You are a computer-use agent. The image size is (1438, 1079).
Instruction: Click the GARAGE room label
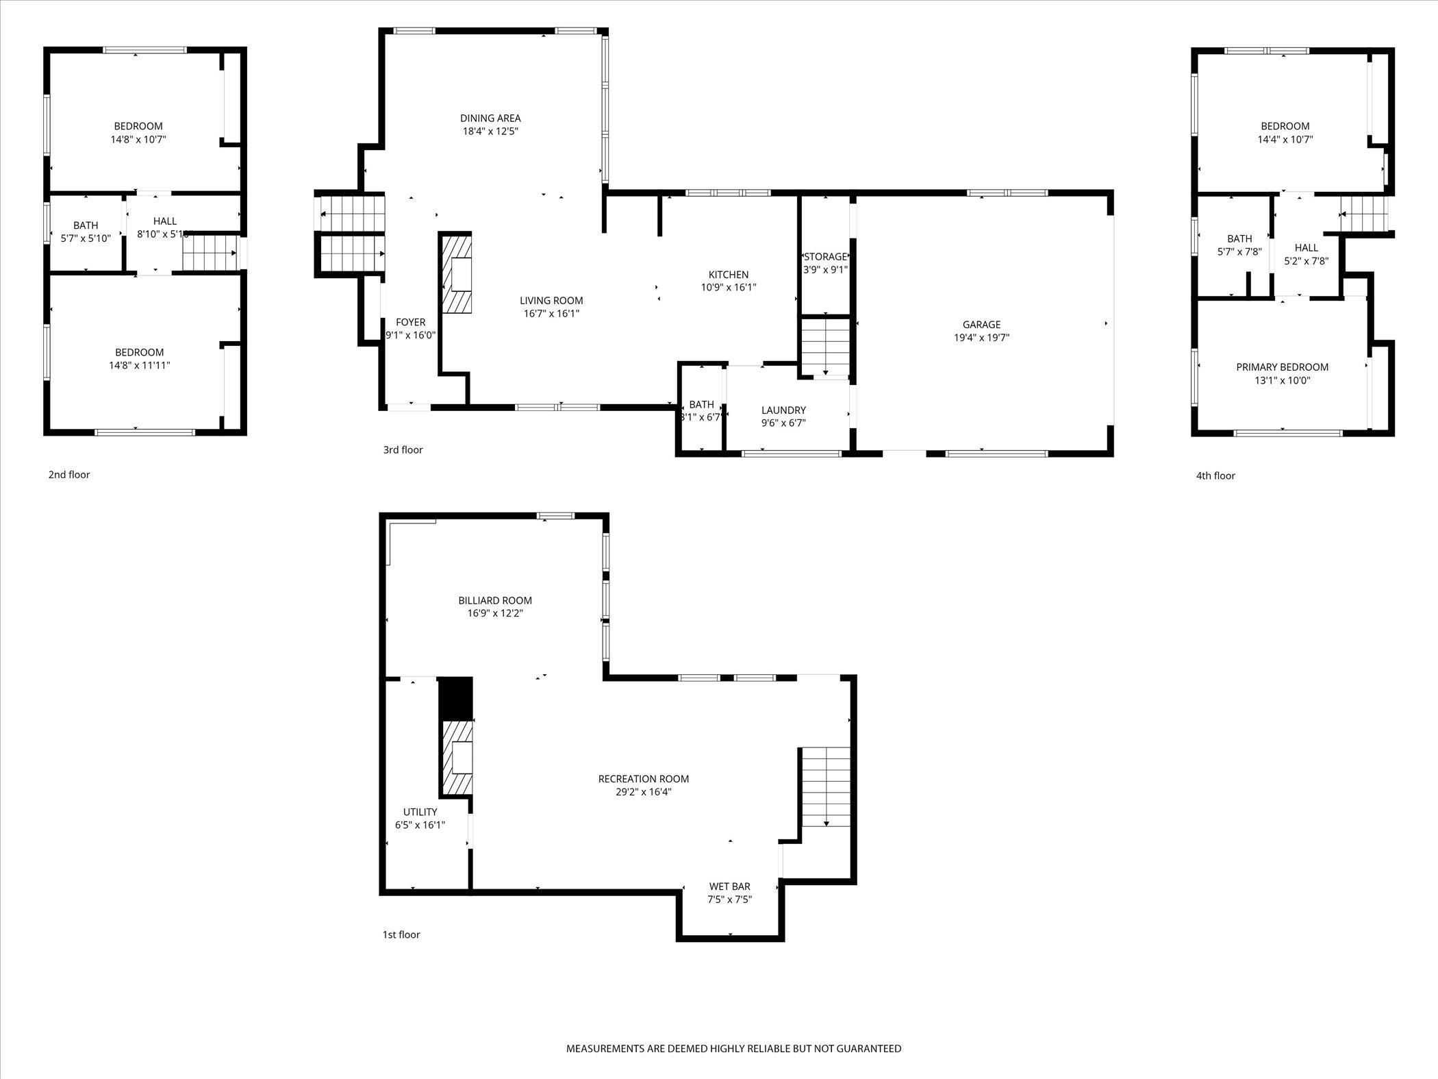click(981, 325)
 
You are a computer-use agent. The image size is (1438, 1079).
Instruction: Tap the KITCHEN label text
click(729, 275)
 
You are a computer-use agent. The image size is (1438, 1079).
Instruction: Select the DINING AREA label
click(490, 119)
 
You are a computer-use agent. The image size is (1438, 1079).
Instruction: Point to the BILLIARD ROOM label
click(495, 601)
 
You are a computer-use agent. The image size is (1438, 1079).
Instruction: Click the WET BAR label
click(730, 886)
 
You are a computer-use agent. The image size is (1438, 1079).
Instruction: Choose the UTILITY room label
click(420, 812)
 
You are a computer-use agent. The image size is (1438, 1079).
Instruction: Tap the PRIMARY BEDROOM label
click(1283, 367)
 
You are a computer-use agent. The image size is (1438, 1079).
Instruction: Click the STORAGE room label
click(826, 257)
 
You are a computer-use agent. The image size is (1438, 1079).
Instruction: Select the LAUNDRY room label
click(784, 410)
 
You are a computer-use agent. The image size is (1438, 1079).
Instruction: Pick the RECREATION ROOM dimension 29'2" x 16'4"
click(644, 792)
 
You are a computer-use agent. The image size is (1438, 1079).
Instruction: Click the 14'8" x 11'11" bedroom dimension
click(140, 365)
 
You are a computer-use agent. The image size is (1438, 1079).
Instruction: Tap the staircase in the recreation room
click(826, 787)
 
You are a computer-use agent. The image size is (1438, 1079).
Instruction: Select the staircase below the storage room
click(825, 347)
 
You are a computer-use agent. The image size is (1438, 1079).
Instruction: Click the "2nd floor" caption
click(69, 475)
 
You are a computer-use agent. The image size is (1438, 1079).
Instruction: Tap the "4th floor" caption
click(1215, 475)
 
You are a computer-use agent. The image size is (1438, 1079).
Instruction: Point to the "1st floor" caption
click(401, 934)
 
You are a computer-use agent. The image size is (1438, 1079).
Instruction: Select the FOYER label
click(411, 322)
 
